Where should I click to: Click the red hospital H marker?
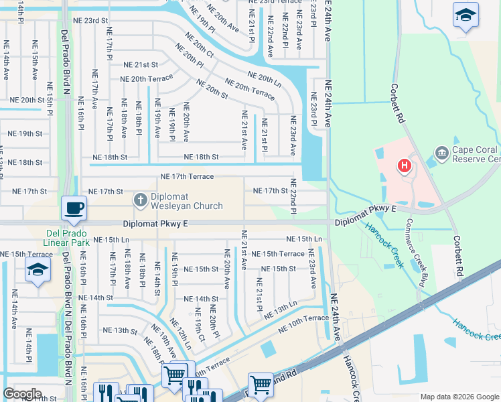click(404, 165)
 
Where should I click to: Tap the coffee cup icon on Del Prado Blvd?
click(74, 207)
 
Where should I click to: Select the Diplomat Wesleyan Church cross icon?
click(140, 199)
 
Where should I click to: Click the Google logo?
click(22, 394)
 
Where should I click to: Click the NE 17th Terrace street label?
click(187, 177)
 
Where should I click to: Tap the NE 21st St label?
click(141, 65)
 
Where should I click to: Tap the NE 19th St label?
click(25, 134)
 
